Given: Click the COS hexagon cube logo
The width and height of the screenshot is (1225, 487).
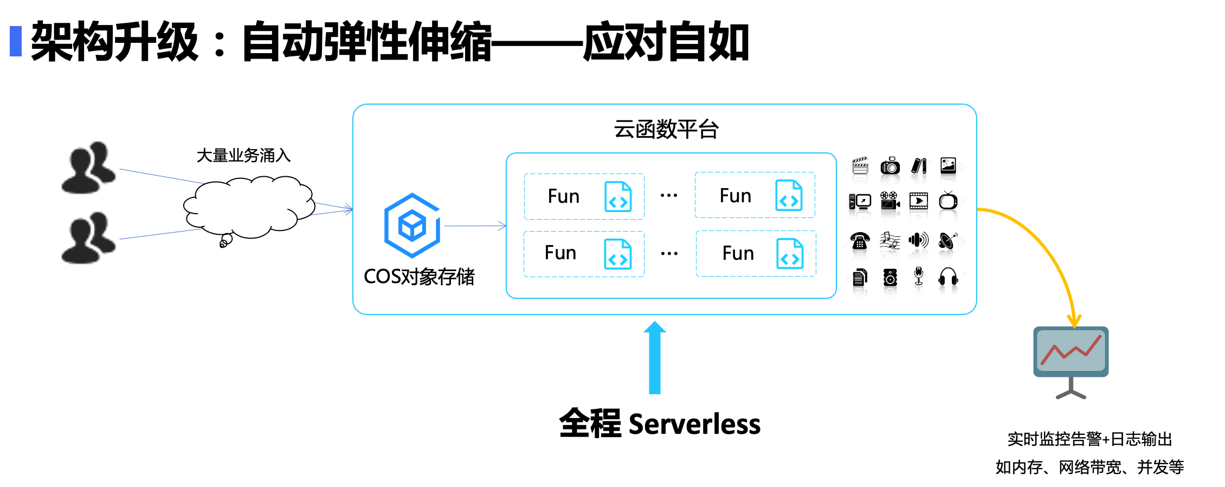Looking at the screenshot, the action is point(412,225).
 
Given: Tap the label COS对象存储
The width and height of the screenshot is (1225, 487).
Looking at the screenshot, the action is point(419,277).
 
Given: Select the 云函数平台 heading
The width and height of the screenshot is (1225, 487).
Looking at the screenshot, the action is point(666,130).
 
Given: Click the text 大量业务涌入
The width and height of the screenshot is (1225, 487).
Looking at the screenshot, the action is point(243,156).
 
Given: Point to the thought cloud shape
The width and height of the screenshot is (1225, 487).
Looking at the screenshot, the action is point(249,207).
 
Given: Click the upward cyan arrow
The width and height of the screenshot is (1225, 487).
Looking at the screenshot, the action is point(655,357).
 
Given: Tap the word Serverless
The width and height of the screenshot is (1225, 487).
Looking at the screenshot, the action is point(694,424).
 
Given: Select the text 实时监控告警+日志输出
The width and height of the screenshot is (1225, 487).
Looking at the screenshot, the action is point(1089,439).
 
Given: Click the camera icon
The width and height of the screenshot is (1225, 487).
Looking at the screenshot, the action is point(889,166).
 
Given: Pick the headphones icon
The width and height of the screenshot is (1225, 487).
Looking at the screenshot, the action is point(948,277).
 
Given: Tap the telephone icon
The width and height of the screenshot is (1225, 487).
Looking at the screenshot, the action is point(860,240).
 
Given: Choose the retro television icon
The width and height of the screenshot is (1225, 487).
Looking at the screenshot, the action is point(948,201).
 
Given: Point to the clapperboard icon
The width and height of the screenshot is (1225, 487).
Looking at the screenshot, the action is point(860,166).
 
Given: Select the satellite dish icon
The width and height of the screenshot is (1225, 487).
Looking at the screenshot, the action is point(948,240).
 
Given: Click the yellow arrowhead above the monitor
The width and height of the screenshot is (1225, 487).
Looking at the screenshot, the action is point(1074,322).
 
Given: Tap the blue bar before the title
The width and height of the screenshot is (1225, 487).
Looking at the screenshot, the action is point(16,41).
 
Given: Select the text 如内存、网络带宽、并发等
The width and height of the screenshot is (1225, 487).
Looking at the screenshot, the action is point(1089,467).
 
